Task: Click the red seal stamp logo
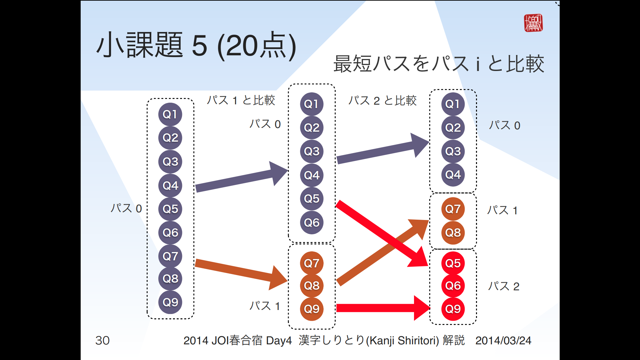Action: [533, 23]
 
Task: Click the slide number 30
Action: [102, 340]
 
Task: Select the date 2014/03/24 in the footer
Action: [503, 340]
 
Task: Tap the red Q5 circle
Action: [453, 263]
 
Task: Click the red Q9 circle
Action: [453, 309]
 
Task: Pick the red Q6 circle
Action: [453, 286]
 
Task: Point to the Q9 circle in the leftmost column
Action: [170, 302]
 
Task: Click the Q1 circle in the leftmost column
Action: [170, 114]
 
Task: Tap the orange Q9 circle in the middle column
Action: [312, 309]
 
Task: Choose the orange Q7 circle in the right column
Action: [453, 209]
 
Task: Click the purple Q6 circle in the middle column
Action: [312, 222]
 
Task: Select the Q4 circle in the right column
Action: [453, 174]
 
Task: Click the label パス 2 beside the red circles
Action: [504, 286]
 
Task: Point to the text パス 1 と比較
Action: [241, 100]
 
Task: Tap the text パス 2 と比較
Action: [382, 100]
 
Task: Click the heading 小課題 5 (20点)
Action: [196, 46]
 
